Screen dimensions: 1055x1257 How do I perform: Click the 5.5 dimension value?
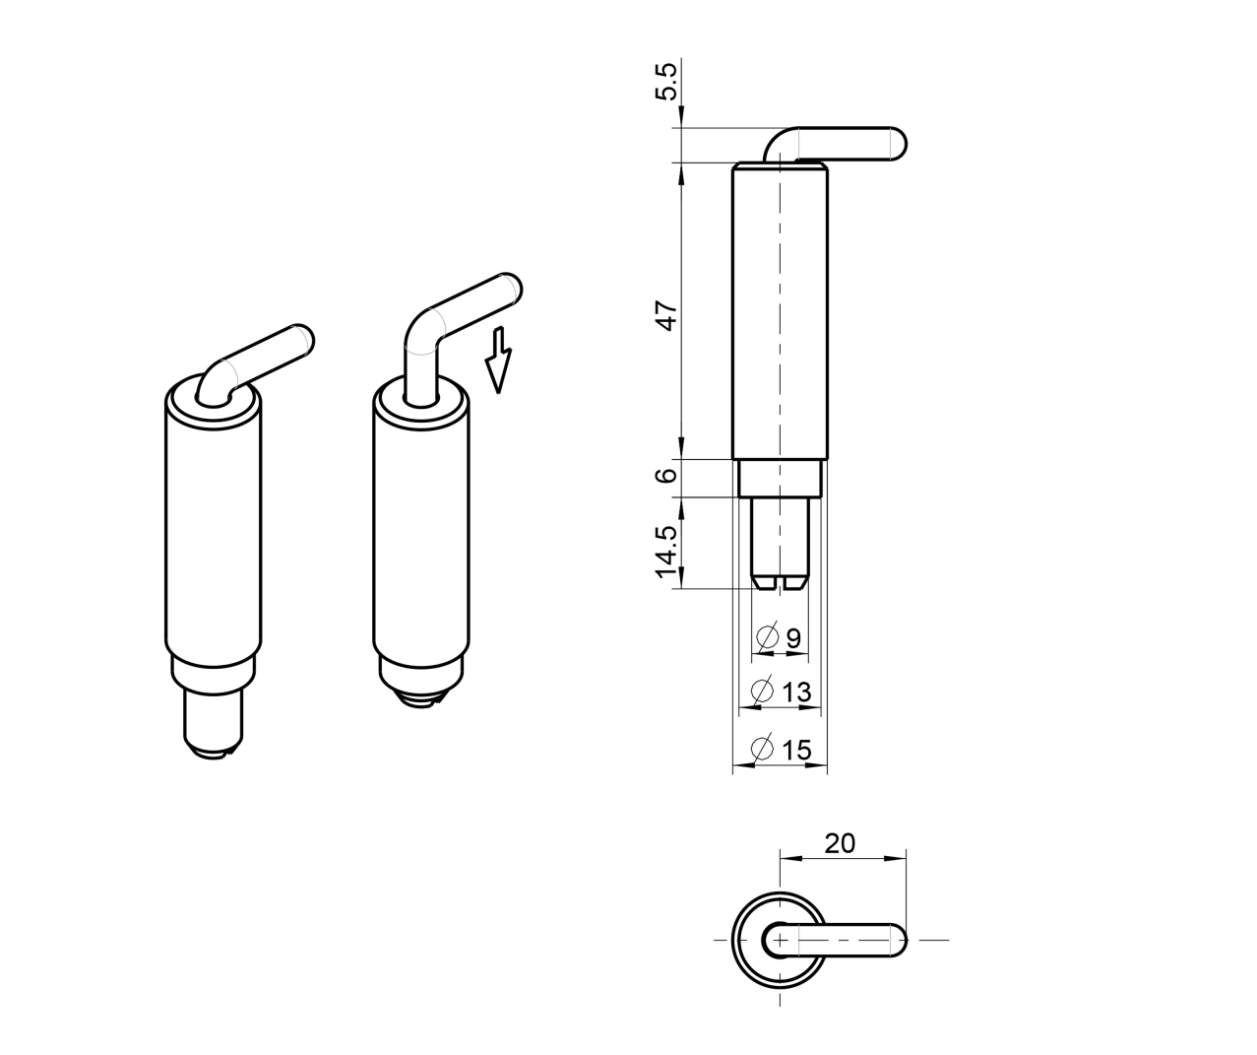666,81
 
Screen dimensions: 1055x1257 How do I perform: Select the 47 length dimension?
667,316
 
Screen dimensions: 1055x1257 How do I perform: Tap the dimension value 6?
667,475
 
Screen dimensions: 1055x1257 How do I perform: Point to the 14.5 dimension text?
667,551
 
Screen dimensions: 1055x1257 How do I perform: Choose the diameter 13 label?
796,692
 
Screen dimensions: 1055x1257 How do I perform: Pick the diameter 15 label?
796,750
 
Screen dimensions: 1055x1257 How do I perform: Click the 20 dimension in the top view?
840,843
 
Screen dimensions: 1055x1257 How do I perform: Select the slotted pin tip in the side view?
780,578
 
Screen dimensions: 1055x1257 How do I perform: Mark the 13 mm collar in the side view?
780,478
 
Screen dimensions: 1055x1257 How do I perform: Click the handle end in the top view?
894,940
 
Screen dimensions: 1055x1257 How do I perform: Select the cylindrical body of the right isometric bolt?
420,532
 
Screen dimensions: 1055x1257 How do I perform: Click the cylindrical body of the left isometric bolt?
213,532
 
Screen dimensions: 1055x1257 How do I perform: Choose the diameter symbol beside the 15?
762,750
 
